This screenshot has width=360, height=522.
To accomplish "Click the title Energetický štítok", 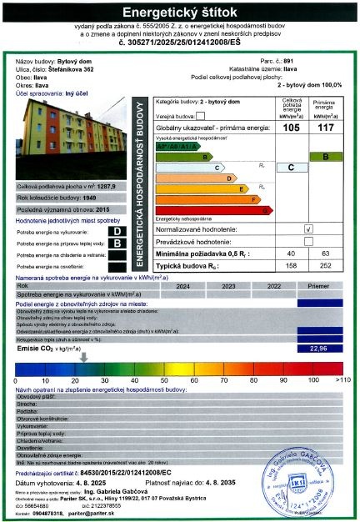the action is (181, 13).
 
